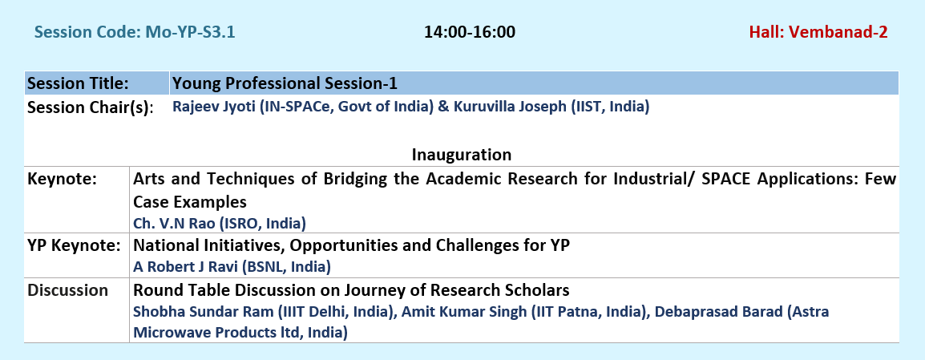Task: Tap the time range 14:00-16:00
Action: [x=470, y=32]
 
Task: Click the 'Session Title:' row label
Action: [x=78, y=83]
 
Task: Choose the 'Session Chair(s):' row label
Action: [x=91, y=107]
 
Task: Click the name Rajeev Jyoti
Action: [x=213, y=107]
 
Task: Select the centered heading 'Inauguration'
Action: [x=462, y=155]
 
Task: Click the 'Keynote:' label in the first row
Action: [x=62, y=178]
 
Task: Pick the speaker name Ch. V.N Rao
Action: [x=174, y=223]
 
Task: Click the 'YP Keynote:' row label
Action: [x=74, y=245]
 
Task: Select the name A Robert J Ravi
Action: [x=186, y=267]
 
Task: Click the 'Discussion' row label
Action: [x=68, y=290]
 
